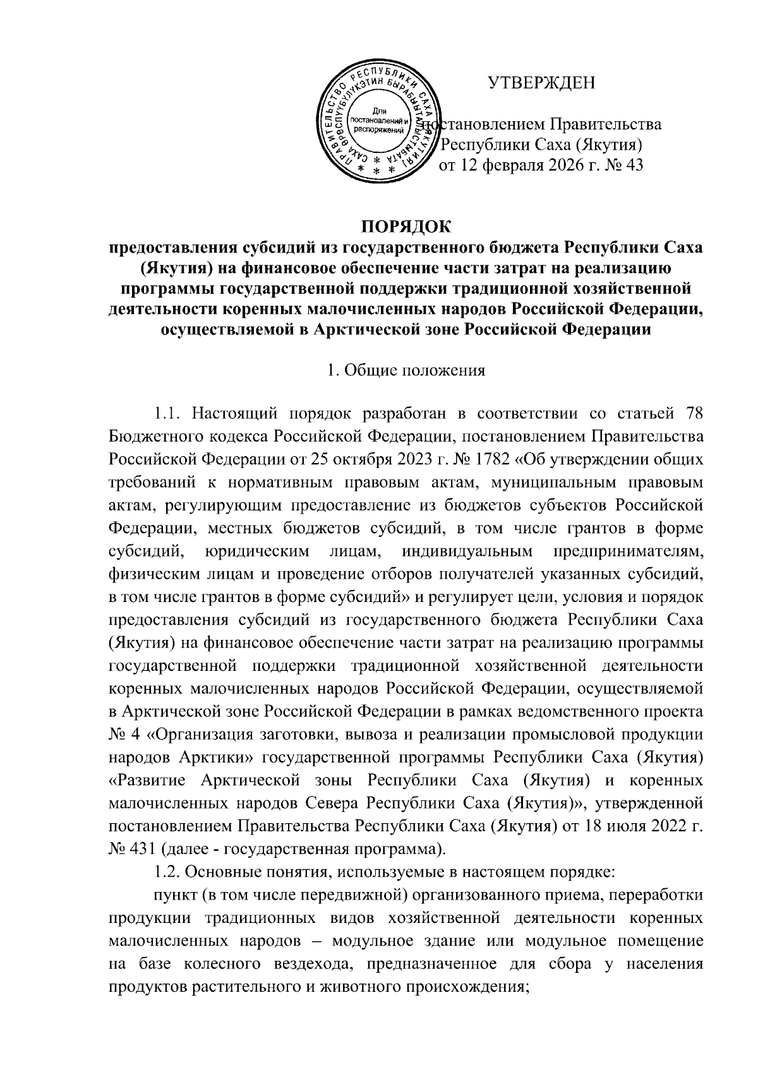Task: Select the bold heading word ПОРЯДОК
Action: coord(406,226)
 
